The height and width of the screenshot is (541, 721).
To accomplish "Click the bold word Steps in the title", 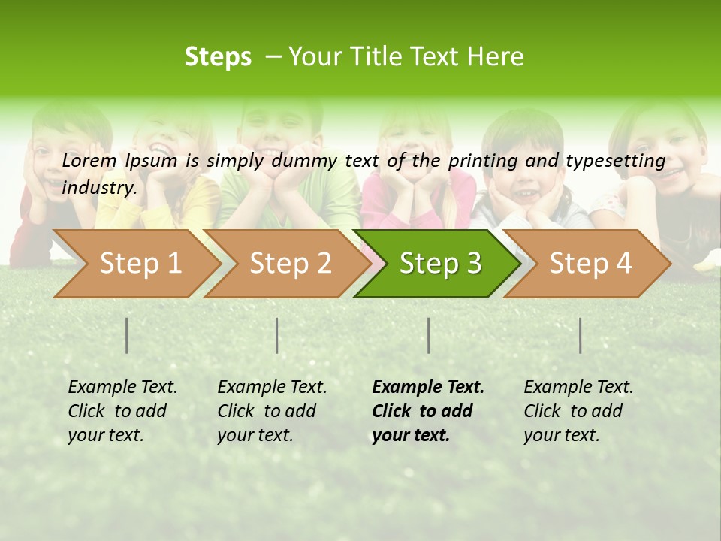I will (x=218, y=56).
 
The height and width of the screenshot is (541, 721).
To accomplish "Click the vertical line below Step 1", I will (x=127, y=335).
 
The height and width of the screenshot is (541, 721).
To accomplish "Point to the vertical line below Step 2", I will (x=277, y=335).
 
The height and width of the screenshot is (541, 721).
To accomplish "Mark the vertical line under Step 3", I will (x=429, y=335).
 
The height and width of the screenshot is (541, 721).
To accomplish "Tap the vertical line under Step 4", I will (x=581, y=335).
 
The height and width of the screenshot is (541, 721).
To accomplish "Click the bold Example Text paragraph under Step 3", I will (x=428, y=411).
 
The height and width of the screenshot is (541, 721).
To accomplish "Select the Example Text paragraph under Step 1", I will (x=122, y=411).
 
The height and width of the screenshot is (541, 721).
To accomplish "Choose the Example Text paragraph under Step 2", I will (x=272, y=411).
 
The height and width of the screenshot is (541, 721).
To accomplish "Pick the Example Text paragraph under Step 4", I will (x=578, y=411).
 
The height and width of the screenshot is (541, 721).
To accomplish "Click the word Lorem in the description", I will (x=89, y=160).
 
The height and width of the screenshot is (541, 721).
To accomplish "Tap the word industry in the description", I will (x=99, y=187).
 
